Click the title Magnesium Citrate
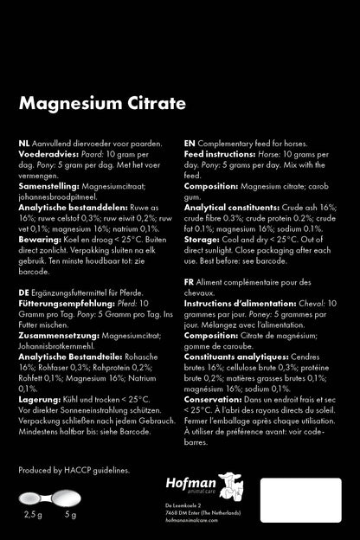point(102,104)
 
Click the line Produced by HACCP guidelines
point(74,470)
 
